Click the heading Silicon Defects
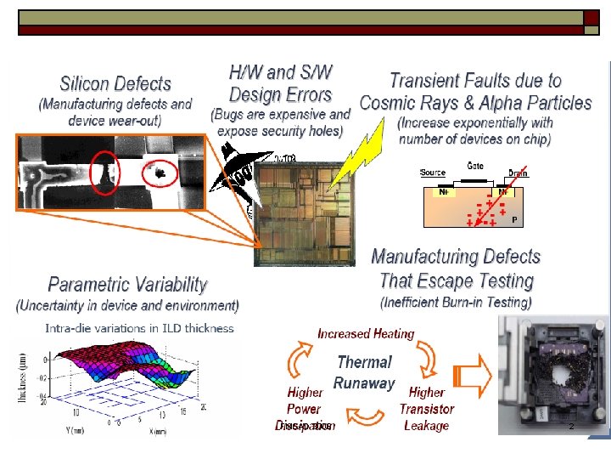coord(115,84)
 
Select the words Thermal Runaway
coord(364,372)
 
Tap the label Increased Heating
coord(366,334)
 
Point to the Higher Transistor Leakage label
coord(426,409)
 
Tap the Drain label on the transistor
coord(518,173)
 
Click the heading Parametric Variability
coord(127,285)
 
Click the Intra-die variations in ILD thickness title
coord(140,327)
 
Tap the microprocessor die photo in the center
coord(301,208)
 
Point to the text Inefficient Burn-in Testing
coord(456,303)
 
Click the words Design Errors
coord(280,93)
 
